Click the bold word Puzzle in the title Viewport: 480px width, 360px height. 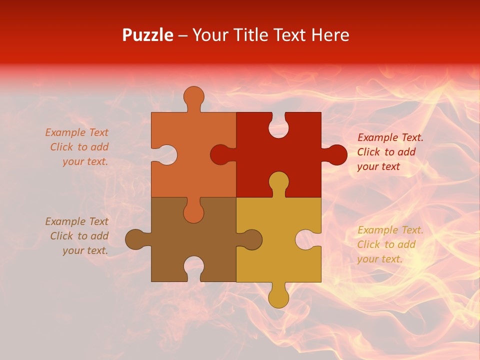pos(147,35)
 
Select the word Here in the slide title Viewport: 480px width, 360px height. pos(330,35)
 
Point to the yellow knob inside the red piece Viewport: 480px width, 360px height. pos(278,182)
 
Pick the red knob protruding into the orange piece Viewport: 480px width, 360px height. pos(221,154)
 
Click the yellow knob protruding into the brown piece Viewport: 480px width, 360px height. pos(250,239)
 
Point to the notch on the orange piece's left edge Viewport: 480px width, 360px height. pos(165,154)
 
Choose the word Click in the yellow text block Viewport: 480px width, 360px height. pos(368,244)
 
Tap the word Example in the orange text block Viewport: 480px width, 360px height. pos(62,132)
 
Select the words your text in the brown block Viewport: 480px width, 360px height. pos(85,250)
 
